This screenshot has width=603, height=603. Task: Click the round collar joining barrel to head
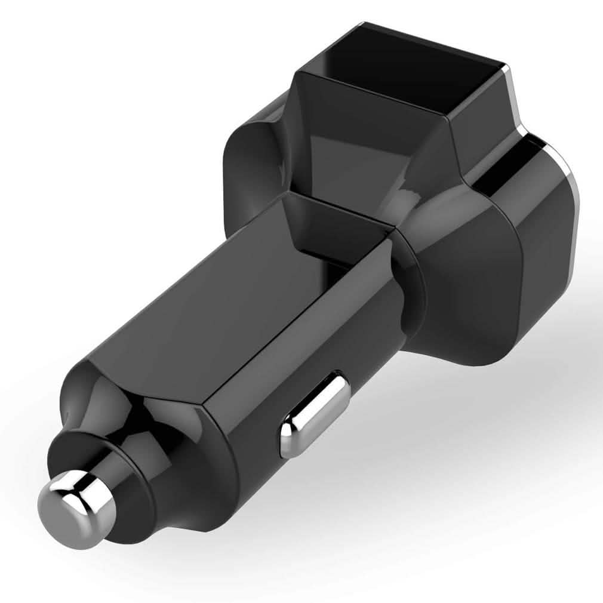[x=412, y=287]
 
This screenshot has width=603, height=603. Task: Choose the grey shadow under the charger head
[x=478, y=418]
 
